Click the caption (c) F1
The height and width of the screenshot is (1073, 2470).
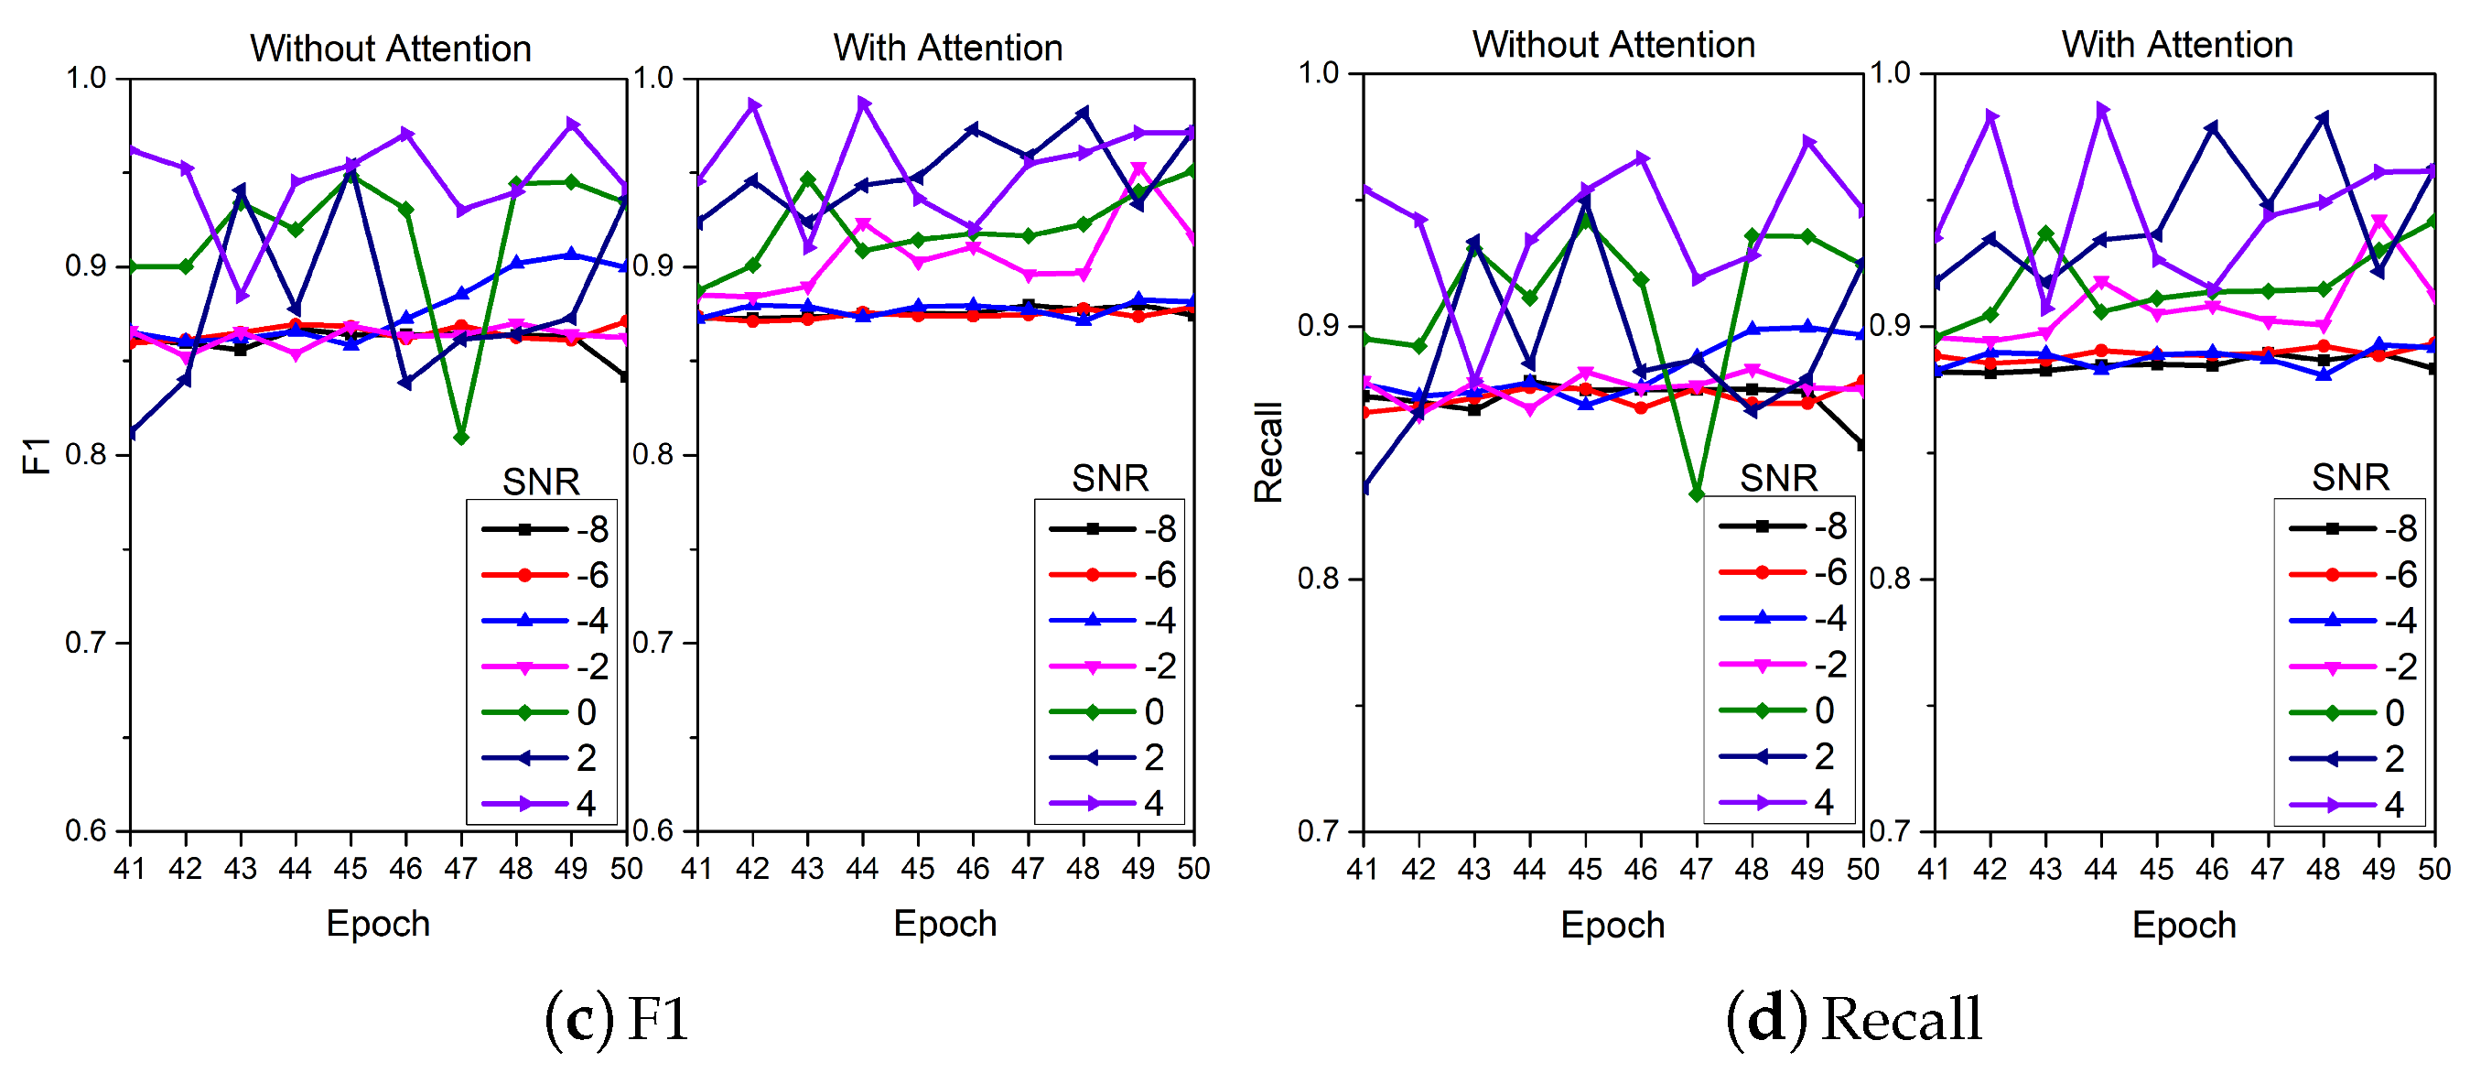click(x=618, y=1018)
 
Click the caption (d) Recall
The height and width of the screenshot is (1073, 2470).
click(x=1852, y=1018)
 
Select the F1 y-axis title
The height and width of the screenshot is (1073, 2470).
click(x=37, y=455)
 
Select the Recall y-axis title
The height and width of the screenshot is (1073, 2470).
click(x=1267, y=452)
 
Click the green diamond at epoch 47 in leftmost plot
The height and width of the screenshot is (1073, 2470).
click(x=461, y=439)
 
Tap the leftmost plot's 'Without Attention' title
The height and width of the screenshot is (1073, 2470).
click(x=390, y=48)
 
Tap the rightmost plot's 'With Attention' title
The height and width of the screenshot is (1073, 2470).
click(x=2176, y=44)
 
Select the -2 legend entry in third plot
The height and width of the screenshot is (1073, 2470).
click(x=1782, y=664)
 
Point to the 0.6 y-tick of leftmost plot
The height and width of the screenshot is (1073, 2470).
click(x=85, y=830)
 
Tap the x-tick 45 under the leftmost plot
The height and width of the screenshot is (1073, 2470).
click(x=350, y=869)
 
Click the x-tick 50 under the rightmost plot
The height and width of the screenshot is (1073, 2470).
click(x=2433, y=869)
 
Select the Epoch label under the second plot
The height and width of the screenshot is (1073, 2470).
click(x=944, y=924)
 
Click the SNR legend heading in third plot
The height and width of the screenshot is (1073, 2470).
click(x=1778, y=478)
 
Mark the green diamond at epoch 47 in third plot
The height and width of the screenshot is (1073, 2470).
click(x=1696, y=494)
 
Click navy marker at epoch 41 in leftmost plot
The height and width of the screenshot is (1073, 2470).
click(x=132, y=433)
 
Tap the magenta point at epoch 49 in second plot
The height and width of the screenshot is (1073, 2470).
click(x=1138, y=169)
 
